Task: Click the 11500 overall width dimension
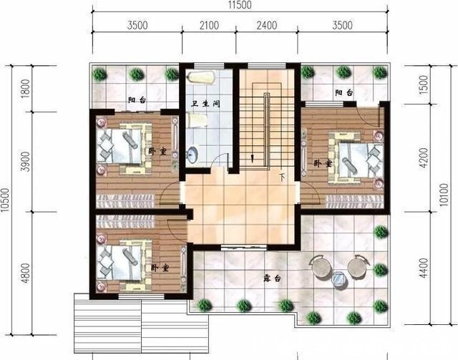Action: pos(240,5)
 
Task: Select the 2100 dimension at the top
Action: pos(209,26)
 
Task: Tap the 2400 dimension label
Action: pos(267,26)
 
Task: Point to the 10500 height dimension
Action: pos(5,200)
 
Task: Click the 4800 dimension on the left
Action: pos(26,273)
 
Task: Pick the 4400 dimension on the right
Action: pos(423,268)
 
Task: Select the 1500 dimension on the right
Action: pos(423,84)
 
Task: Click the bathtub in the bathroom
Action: pos(202,78)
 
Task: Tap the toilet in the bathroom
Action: pos(198,120)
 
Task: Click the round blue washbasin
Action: pos(193,155)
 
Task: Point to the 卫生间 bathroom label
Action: pos(205,104)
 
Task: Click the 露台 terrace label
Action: pos(272,278)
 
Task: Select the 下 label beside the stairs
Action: pos(282,177)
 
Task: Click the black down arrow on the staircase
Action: pos(252,158)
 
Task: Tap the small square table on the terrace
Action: pos(340,278)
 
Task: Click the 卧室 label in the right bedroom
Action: pos(323,163)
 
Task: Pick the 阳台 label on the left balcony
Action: pos(137,100)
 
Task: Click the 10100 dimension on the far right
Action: pos(444,195)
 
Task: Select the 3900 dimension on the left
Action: pos(26,162)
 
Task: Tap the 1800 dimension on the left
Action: pos(26,89)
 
